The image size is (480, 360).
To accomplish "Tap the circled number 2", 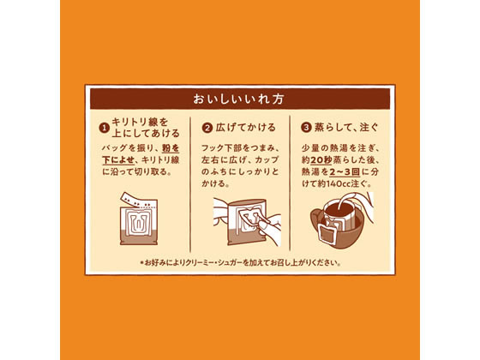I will (x=207, y=129).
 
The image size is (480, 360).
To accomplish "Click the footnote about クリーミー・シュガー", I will (x=240, y=262).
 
